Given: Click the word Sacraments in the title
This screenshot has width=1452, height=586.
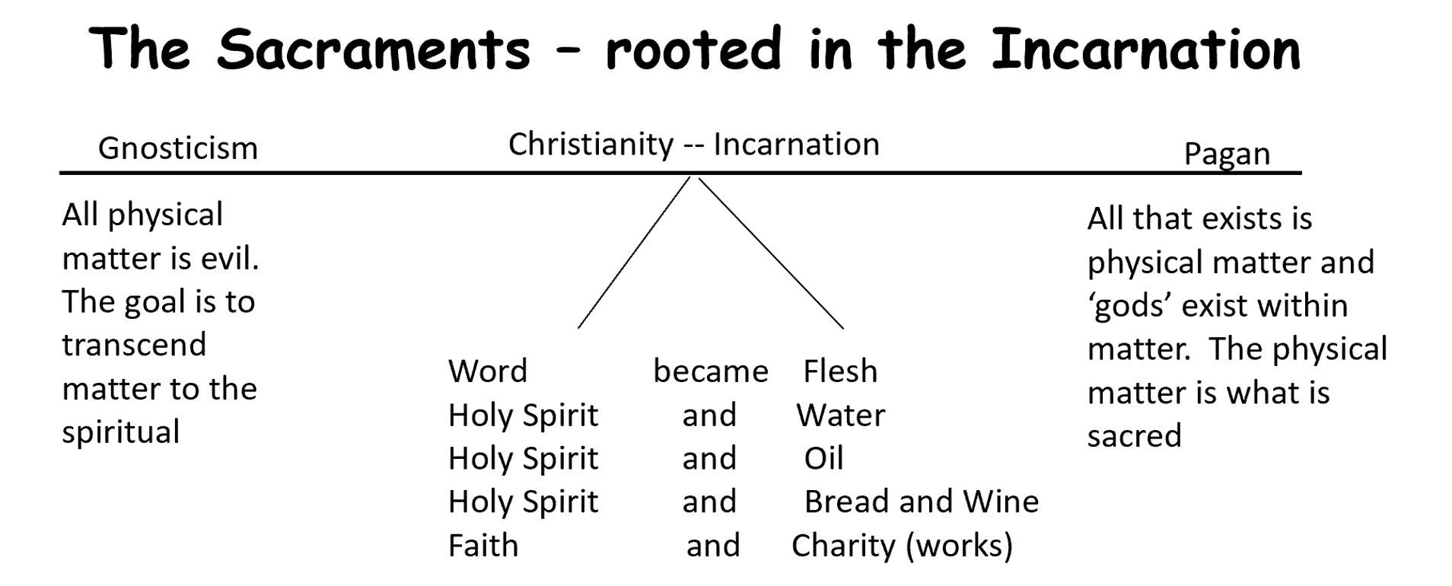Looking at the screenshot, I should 374,49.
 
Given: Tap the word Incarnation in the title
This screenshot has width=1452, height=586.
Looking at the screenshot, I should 1146,49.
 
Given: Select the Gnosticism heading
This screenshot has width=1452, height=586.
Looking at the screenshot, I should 178,148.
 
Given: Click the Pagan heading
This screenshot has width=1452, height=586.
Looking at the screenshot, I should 1227,154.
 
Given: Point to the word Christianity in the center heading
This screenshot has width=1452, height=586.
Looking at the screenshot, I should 591,144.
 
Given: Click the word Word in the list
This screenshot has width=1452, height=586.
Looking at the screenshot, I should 488,371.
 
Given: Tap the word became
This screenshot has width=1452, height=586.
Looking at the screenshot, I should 711,371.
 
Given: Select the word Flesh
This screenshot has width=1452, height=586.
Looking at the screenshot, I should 840,371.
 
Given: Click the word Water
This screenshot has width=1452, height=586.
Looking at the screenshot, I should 841,416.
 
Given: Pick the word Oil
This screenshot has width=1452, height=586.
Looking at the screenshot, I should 823,459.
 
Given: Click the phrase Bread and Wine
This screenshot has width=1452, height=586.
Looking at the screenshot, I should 922,502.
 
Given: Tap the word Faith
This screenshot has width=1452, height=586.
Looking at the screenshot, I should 483,546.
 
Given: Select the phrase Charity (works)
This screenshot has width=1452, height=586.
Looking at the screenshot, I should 902,546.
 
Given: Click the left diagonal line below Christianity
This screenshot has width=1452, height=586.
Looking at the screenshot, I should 633,253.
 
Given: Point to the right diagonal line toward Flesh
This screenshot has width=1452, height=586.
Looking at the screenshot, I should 770,253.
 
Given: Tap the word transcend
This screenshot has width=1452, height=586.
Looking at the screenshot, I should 134,345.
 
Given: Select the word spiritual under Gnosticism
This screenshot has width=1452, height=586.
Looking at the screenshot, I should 121,432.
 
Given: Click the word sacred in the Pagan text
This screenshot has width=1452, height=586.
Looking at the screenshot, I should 1134,436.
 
